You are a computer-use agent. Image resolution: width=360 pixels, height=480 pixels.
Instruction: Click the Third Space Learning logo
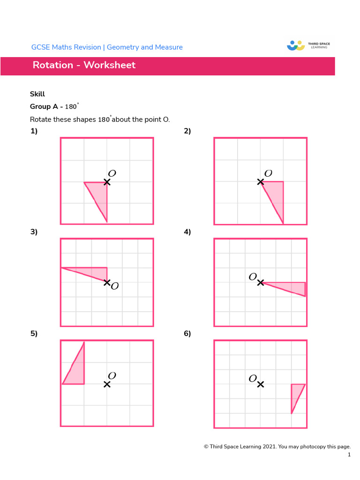308,45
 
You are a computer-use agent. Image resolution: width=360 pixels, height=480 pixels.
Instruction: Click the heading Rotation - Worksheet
84,65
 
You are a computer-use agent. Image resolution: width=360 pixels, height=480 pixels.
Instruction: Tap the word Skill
37,94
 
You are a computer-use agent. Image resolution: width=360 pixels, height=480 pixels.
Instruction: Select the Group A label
44,107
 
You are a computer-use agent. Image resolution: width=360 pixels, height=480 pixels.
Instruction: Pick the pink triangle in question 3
91,272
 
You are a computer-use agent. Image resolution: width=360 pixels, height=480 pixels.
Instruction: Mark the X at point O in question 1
107,182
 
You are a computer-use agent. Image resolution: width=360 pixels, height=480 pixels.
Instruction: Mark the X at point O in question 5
107,384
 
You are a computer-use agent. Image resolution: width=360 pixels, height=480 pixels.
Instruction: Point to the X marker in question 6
261,384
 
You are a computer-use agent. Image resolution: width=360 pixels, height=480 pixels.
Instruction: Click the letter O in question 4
253,277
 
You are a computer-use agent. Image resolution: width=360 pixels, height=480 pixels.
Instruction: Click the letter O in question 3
115,286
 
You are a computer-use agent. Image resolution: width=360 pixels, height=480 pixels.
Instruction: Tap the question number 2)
187,131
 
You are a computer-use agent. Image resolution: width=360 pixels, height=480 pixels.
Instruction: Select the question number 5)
34,334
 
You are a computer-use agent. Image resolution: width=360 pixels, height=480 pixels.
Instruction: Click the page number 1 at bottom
349,455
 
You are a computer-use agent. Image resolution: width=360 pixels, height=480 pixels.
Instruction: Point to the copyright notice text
277,446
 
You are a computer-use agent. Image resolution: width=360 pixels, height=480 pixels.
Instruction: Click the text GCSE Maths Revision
66,47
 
